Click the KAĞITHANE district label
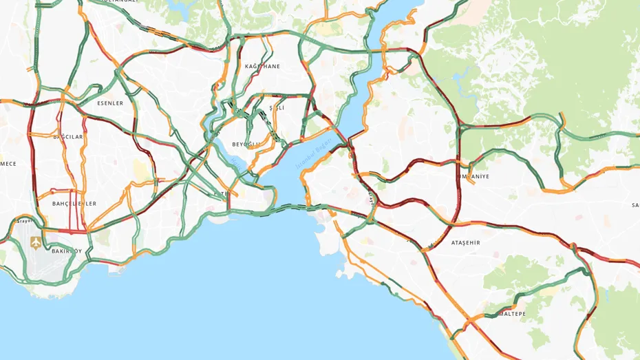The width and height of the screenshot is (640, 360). [262, 67]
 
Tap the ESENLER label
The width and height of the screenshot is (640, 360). [110, 103]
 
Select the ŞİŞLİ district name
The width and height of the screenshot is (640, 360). [276, 108]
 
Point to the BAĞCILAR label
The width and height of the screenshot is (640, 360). [68, 137]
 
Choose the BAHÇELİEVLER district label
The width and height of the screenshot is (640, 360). [74, 204]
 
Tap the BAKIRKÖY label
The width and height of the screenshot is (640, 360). [67, 251]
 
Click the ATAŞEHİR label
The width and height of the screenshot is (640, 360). [465, 243]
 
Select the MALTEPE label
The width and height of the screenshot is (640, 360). [511, 314]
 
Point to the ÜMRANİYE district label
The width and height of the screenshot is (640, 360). [473, 176]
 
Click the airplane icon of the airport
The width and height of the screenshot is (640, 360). [36, 242]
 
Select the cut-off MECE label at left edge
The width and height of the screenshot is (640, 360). [8, 164]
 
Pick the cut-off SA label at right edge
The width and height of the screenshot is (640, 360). [635, 205]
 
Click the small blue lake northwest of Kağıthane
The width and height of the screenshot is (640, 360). [181, 8]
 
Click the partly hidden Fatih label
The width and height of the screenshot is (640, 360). [222, 195]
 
